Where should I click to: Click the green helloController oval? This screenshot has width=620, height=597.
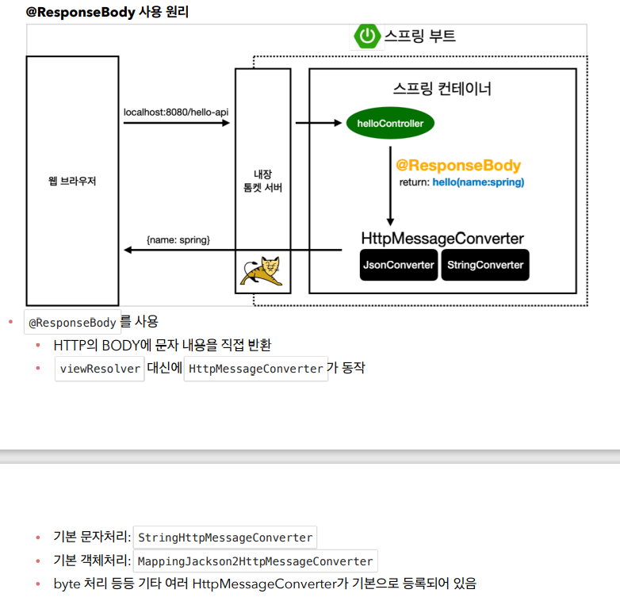[390, 124]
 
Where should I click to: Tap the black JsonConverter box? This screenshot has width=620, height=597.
[399, 265]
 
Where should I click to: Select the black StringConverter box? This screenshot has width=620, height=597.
[485, 265]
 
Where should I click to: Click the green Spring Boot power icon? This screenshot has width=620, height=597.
[367, 36]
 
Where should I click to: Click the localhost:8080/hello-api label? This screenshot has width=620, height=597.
[176, 112]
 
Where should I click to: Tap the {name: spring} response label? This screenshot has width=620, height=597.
[178, 239]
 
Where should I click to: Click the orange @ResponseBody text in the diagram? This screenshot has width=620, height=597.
[458, 166]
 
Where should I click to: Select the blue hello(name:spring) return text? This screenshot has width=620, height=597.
[478, 182]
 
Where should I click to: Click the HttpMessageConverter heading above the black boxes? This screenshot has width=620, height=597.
[442, 239]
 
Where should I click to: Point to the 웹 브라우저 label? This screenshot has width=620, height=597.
[72, 181]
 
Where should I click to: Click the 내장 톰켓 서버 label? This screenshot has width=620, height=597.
[263, 181]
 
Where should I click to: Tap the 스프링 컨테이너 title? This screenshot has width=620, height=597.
[442, 89]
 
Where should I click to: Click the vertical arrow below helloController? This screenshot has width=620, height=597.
[390, 186]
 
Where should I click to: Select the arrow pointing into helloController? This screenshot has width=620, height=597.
[317, 123]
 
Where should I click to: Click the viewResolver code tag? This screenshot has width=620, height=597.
[100, 369]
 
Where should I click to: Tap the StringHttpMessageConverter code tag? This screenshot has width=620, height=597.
[225, 538]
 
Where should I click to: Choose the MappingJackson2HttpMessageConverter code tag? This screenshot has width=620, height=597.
[255, 561]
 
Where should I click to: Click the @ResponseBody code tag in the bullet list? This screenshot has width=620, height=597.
[72, 323]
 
